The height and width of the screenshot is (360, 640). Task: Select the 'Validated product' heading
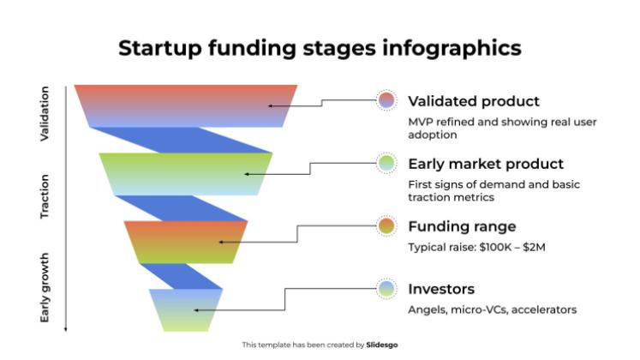click(x=474, y=101)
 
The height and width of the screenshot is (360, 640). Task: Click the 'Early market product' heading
click(x=486, y=164)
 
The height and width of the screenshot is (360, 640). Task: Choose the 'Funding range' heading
click(x=462, y=226)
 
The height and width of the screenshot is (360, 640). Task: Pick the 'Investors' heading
click(x=441, y=289)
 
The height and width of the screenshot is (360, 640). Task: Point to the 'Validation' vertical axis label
click(x=45, y=113)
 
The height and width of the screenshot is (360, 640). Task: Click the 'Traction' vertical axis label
click(x=45, y=197)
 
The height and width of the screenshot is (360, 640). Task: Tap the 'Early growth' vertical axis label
click(x=45, y=287)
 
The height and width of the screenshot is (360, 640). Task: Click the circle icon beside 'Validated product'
click(x=386, y=100)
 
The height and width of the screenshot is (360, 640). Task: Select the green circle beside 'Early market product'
click(x=386, y=163)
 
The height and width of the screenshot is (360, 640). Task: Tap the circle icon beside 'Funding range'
click(x=386, y=226)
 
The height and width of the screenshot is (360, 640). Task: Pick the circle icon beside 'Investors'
click(x=386, y=289)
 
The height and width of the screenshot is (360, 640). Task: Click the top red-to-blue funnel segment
click(x=186, y=105)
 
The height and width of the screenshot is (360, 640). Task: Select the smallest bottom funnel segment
click(x=186, y=309)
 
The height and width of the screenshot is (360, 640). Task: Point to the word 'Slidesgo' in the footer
click(x=382, y=345)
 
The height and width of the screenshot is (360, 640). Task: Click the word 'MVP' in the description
click(x=422, y=122)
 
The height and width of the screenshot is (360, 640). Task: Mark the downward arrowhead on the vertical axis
click(x=66, y=328)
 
